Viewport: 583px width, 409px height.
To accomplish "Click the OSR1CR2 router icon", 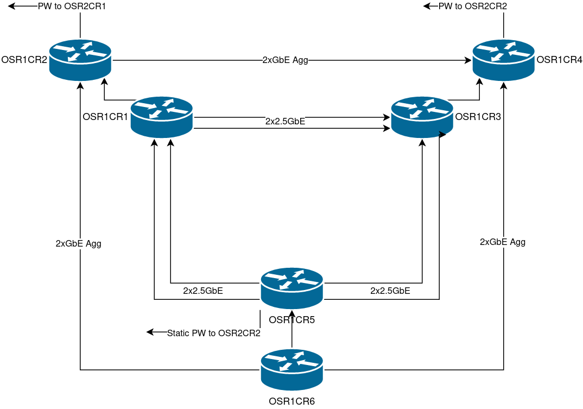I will click(80, 60).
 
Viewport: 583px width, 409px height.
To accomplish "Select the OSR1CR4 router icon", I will click(504, 60).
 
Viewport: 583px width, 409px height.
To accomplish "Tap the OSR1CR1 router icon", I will click(162, 117).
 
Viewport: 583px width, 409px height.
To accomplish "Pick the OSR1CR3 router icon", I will click(422, 117).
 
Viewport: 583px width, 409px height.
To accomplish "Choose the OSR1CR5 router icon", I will click(292, 288).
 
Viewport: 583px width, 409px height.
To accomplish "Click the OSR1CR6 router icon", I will click(292, 369).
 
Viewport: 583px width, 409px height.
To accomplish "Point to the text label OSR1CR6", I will click(292, 401).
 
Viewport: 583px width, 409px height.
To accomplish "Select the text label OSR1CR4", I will click(559, 60).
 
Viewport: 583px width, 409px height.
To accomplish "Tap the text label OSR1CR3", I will click(478, 116).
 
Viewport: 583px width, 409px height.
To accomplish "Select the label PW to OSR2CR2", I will click(473, 7).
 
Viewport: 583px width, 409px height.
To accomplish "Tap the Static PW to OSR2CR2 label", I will click(214, 333).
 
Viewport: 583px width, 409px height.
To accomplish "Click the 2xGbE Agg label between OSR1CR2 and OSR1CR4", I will click(285, 60).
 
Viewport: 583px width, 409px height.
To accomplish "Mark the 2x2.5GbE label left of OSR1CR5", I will click(203, 291).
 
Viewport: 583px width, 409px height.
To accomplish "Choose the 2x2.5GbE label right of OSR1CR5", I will click(390, 291).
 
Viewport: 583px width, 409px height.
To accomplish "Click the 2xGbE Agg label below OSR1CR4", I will click(503, 242).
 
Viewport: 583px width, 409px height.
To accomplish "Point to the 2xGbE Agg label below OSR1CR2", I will click(79, 244).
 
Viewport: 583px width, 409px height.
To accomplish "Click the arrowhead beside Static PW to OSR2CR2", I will click(150, 332).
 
